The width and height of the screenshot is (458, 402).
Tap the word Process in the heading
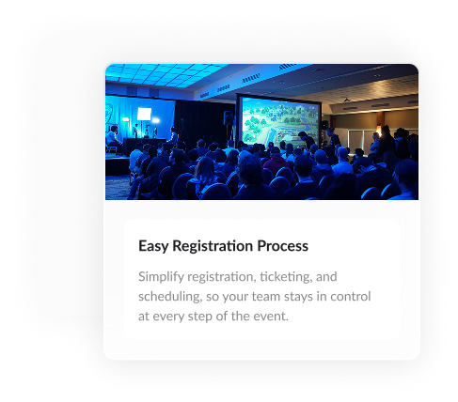point(282,246)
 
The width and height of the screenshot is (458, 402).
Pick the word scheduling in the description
point(170,297)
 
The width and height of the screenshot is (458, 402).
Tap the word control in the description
point(351,297)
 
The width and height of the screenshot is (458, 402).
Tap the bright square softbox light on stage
point(144,114)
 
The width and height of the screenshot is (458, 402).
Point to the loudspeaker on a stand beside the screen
point(229,118)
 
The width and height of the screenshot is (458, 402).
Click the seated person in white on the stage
point(112,139)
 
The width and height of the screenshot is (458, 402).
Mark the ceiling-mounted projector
point(346,100)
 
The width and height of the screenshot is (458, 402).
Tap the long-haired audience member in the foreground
point(204,177)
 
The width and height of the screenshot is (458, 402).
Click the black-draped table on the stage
point(144,147)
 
